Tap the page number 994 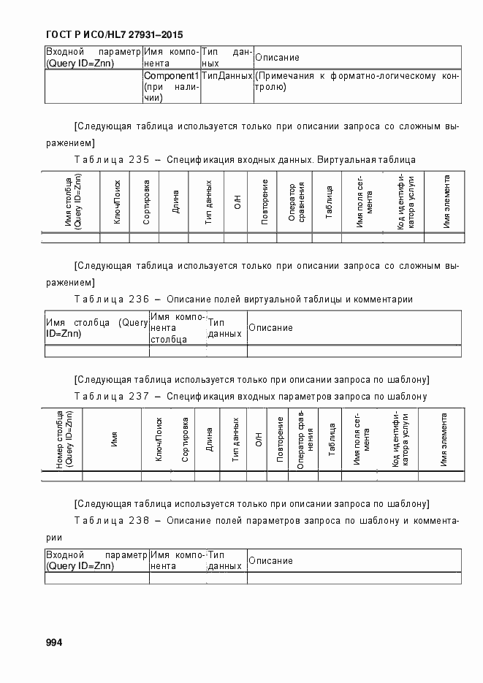55,642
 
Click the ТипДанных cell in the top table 227,76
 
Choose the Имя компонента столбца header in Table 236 175,327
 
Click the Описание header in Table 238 270,560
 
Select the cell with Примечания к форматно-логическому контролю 357,81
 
